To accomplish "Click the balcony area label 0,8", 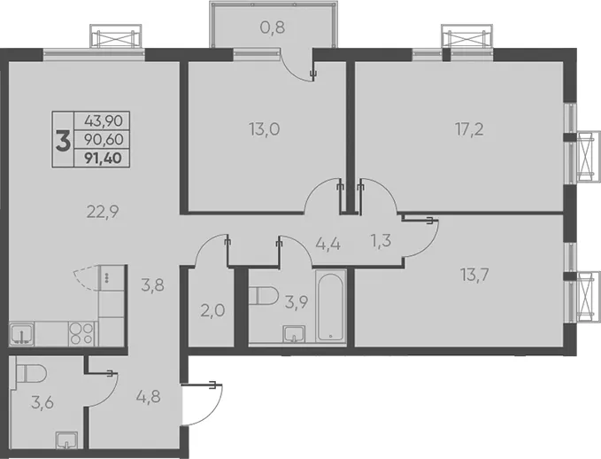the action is tap(273, 27).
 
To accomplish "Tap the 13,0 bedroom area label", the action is tap(265, 129).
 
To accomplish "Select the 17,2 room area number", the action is tap(469, 129).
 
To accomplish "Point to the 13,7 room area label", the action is tap(475, 275).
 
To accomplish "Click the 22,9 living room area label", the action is tap(103, 212).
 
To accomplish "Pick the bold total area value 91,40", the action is tap(104, 158).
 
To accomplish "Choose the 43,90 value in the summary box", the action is tap(104, 121).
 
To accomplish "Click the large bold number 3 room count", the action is tap(63, 141).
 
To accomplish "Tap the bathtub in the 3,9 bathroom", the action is tap(331, 306).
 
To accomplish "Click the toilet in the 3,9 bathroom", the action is tap(263, 295).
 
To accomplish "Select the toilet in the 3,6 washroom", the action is tap(32, 373).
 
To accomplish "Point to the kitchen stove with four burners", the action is tap(81, 333).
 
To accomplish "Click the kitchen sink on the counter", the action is tap(22, 334).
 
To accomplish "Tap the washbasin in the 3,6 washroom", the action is tap(66, 440).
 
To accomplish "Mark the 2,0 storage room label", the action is tap(212, 310).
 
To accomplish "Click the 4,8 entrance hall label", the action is tap(149, 396).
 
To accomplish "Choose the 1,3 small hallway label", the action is tap(381, 241).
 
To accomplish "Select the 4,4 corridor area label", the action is tap(328, 244).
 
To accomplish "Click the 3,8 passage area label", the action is tap(152, 285).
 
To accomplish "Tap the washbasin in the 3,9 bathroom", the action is tap(295, 333).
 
